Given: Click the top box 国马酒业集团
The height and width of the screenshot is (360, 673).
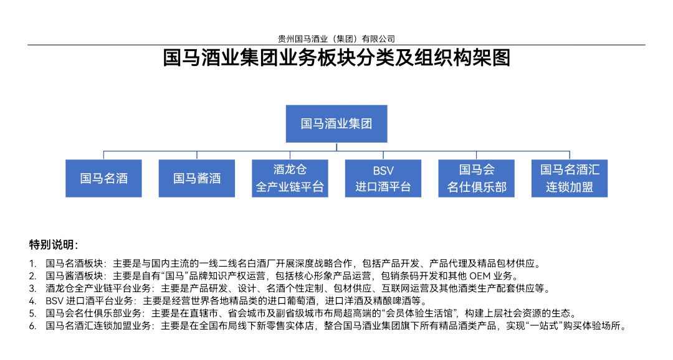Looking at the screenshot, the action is coord(336,123).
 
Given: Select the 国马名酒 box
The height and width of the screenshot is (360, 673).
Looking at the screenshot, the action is coord(103,179).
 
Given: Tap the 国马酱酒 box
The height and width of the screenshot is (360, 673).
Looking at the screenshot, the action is coord(196,179).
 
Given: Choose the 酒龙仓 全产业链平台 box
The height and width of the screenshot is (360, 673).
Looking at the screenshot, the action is coord(290,179).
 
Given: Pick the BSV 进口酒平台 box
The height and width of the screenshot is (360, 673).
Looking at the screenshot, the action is coord(383,179).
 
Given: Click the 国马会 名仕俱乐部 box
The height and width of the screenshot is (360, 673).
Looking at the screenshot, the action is coord(477,179).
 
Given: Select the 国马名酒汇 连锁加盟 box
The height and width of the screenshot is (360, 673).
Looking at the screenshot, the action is coord(570,179).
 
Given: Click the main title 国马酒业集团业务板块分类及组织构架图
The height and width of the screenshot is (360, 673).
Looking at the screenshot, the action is coord(336,58).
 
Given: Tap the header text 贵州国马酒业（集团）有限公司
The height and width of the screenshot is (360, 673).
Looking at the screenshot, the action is coord(336,39).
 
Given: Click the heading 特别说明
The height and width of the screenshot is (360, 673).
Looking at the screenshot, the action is coord(54,245).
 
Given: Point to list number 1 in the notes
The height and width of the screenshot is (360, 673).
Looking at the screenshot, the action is coord(32,263).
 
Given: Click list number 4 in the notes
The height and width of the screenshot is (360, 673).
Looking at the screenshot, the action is coord(32,301).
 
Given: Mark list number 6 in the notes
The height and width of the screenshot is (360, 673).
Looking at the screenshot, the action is coord(32,326).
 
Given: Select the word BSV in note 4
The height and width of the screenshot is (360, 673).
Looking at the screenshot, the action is coord(54,301).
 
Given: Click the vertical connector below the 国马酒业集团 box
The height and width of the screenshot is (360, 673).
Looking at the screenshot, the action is coord(336,147).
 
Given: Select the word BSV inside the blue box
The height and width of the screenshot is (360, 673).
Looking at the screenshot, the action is coord(383,171).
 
